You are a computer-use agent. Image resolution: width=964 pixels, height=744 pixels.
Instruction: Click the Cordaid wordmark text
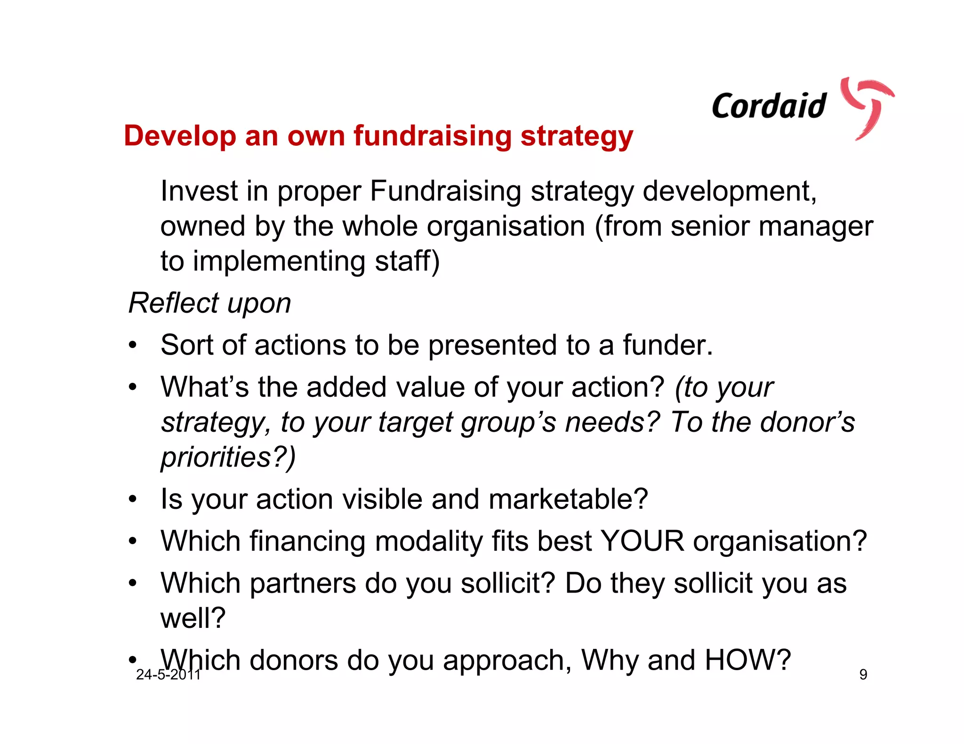tap(769, 106)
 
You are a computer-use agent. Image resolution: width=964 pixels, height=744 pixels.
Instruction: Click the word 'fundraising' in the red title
tap(432, 136)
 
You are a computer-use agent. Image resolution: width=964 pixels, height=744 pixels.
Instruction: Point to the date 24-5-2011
tap(169, 674)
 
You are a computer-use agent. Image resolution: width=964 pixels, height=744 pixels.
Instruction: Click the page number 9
tap(863, 674)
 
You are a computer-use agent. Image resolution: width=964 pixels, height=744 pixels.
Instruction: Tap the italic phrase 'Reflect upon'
tap(210, 303)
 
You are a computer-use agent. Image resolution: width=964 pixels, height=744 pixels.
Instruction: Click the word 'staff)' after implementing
tap(407, 261)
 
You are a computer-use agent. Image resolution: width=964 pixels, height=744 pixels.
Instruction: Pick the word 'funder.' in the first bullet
tap(668, 345)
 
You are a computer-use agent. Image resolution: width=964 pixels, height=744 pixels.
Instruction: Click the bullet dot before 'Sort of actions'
tap(133, 346)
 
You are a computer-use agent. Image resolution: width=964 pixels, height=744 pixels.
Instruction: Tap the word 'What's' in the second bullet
tap(204, 387)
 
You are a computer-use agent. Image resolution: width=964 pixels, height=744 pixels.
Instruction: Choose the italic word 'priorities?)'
tap(228, 457)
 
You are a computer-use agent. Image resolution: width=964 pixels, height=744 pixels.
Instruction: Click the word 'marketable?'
tap(568, 499)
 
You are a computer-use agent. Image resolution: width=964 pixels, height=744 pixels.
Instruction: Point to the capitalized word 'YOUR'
tap(643, 541)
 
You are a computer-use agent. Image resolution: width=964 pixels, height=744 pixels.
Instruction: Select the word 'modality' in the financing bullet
tap(429, 542)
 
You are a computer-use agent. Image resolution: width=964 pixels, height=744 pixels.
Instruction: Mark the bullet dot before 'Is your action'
tap(133, 500)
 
